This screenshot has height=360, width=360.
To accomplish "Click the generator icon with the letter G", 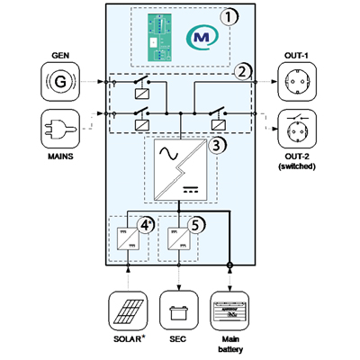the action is tap(60, 82).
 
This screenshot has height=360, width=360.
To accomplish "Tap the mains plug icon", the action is tap(60, 129).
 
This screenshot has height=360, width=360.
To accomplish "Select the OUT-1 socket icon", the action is tap(297, 82).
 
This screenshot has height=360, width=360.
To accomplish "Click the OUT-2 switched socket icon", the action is tap(297, 129).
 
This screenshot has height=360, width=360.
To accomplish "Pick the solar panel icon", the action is tap(128, 310).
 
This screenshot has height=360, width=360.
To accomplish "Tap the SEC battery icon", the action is tap(179, 310).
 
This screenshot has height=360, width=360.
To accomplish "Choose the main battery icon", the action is tap(229, 310).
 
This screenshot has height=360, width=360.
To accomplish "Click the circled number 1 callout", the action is tap(229, 17).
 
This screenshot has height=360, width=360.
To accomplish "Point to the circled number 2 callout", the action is tap(242, 72).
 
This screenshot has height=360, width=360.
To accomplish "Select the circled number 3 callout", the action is tap(217, 146).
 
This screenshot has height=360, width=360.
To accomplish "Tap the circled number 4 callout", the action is tap(145, 225).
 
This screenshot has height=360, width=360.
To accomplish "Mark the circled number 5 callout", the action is tap(195, 225).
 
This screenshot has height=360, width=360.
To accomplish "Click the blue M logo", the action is tap(202, 37).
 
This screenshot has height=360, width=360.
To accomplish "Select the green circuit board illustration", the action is tap(159, 37).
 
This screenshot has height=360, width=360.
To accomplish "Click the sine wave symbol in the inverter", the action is tap(168, 154).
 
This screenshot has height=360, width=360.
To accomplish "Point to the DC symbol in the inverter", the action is tap(191, 190).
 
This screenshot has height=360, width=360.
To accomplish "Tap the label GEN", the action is tap(60, 56).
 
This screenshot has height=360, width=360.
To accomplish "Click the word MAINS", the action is tap(60, 157).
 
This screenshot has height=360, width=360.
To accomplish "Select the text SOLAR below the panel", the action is tap(127, 339).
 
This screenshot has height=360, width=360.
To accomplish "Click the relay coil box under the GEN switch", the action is tap(142, 94).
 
